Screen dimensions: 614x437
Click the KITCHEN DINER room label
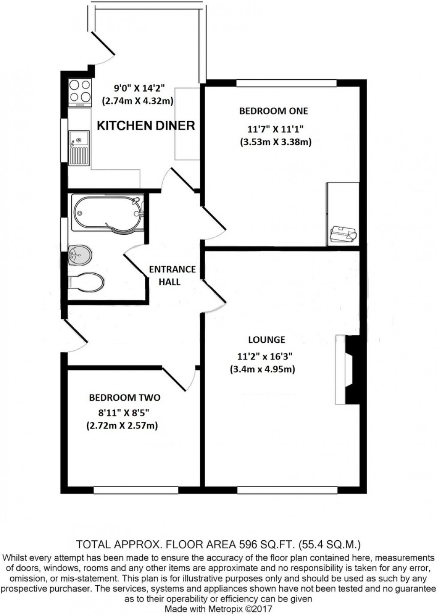pyautogui.click(x=146, y=125)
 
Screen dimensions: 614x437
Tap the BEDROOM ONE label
pyautogui.click(x=273, y=111)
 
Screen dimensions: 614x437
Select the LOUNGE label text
pyautogui.click(x=266, y=340)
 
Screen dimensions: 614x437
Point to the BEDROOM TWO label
pyautogui.click(x=125, y=398)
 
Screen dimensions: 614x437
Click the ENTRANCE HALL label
pyautogui.click(x=172, y=275)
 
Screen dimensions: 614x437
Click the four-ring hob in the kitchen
pyautogui.click(x=80, y=92)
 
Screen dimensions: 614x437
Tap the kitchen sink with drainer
pyautogui.click(x=79, y=148)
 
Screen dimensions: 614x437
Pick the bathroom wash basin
pyautogui.click(x=80, y=255)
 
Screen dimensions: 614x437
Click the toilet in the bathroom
pyautogui.click(x=86, y=283)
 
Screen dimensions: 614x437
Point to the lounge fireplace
pyautogui.click(x=347, y=369)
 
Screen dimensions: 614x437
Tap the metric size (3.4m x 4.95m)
pyautogui.click(x=262, y=369)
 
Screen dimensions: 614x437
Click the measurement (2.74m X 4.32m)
pyautogui.click(x=137, y=101)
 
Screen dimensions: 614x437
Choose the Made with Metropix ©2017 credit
pyautogui.click(x=218, y=608)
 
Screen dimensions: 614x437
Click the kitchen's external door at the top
pyautogui.click(x=103, y=47)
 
